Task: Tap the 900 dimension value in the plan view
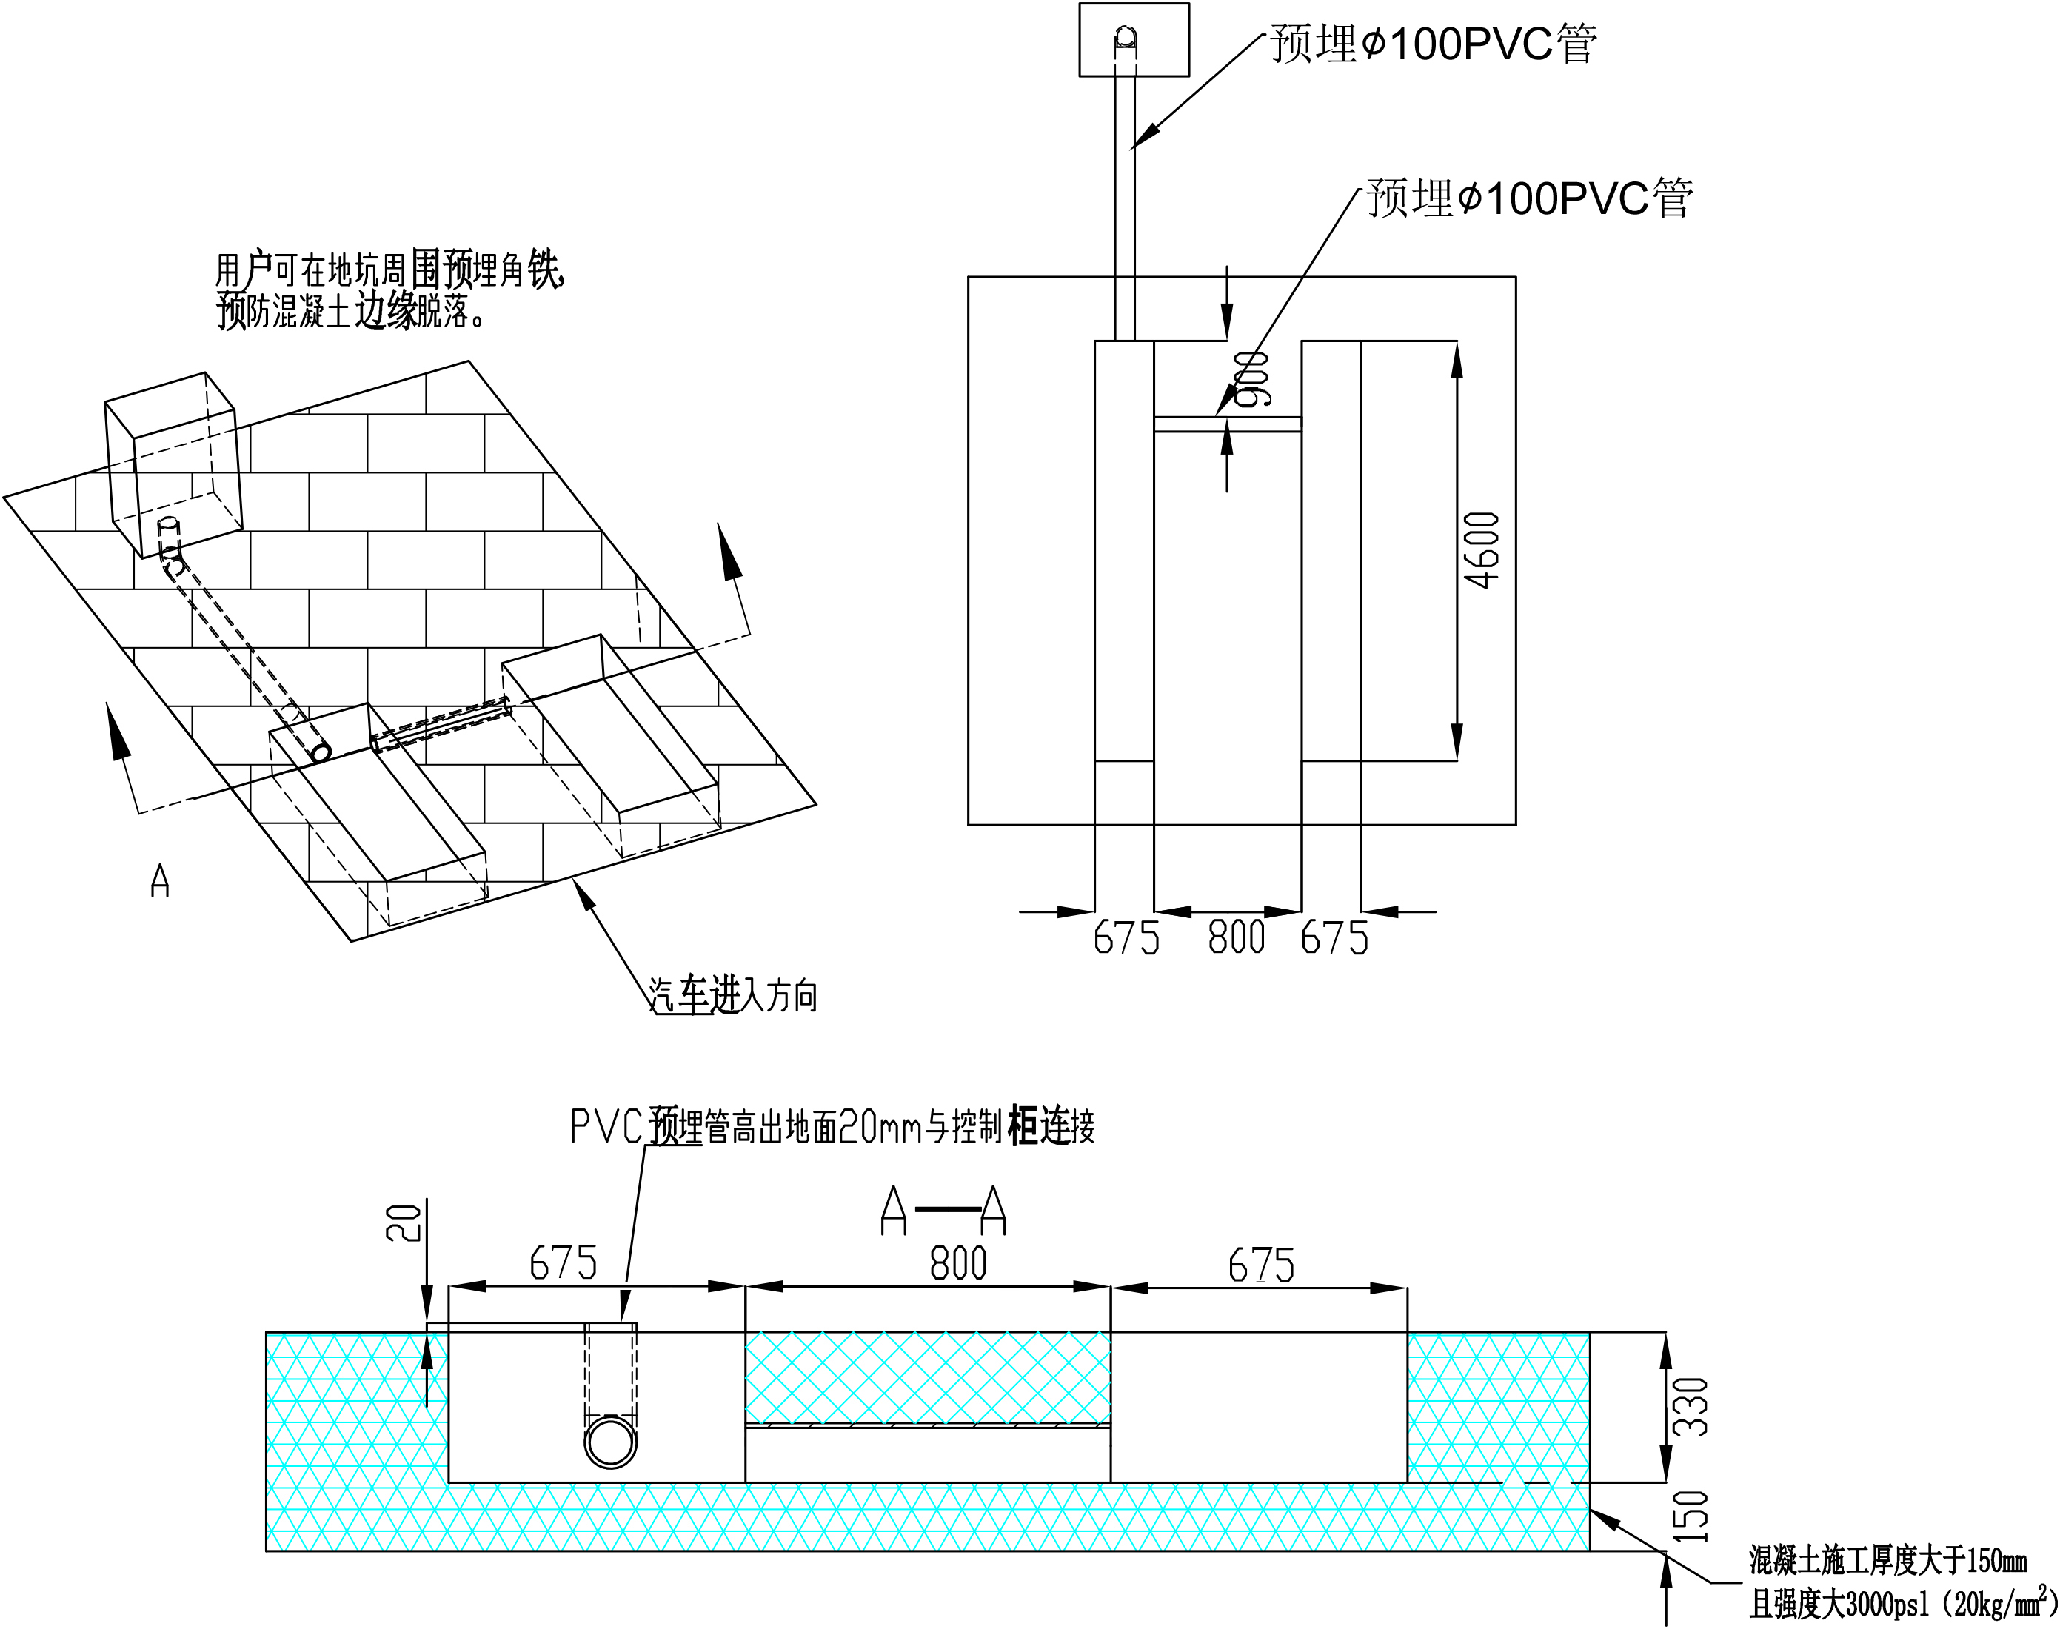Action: pos(1251,378)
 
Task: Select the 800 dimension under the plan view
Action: pos(1236,937)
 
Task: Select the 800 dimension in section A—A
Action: pos(957,1264)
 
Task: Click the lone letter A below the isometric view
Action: pos(160,880)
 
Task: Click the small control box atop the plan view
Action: pos(1134,40)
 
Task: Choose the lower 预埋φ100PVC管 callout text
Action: pos(1529,198)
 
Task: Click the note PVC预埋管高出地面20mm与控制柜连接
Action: pos(832,1126)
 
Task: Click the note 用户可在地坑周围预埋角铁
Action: pos(391,271)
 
